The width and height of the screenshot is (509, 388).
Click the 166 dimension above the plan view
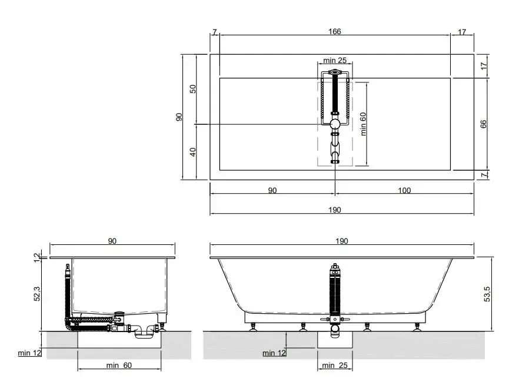[334, 31]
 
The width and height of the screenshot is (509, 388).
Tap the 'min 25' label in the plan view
[335, 61]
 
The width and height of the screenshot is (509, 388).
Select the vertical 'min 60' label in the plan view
[363, 124]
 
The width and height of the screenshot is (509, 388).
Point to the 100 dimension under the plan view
[404, 190]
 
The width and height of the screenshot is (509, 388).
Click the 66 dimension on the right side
[483, 124]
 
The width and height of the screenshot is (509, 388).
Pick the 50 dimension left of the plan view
[193, 89]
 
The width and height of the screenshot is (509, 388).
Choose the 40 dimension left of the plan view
[193, 152]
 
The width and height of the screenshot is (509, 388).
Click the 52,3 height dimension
[37, 293]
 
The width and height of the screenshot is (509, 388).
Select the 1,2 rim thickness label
[37, 257]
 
